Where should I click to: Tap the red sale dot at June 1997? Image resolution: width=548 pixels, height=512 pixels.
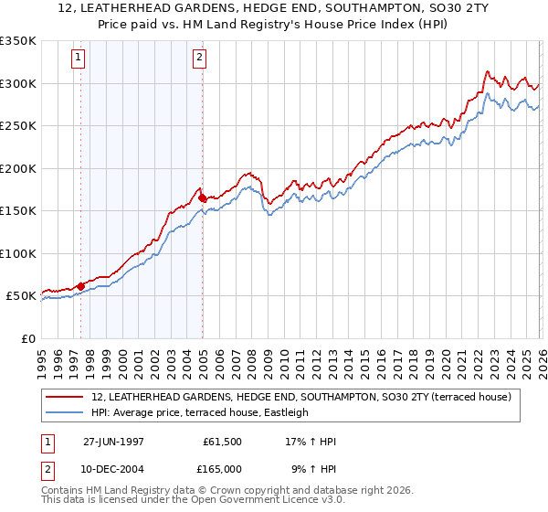pyautogui.click(x=81, y=286)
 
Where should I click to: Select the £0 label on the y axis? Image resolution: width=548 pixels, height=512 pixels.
pyautogui.click(x=27, y=338)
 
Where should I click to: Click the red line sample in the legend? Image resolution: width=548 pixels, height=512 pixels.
pyautogui.click(x=66, y=397)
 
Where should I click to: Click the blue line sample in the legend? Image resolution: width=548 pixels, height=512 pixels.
pyautogui.click(x=66, y=412)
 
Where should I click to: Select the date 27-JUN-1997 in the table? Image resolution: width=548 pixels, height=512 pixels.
pyautogui.click(x=113, y=442)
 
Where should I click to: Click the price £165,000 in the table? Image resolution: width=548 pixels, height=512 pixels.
pyautogui.click(x=222, y=468)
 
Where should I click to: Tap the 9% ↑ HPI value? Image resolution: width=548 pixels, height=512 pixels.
pyautogui.click(x=312, y=468)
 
